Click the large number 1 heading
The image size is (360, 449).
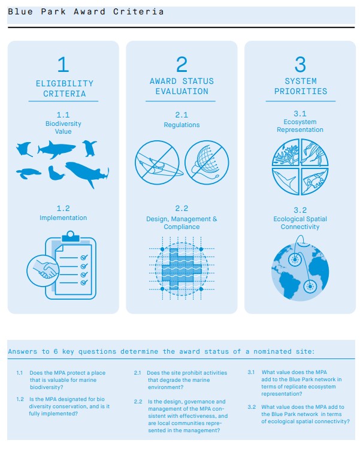[x=63, y=64]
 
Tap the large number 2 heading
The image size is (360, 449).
[x=181, y=64]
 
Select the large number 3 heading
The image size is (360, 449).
[x=300, y=64]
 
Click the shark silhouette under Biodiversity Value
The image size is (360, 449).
[x=57, y=149]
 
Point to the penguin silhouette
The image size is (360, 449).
[x=90, y=148]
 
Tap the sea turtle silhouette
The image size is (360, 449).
[x=28, y=173]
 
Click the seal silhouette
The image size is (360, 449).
[x=56, y=173]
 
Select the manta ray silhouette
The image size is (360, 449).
[x=25, y=149]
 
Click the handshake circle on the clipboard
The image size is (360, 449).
[x=43, y=270]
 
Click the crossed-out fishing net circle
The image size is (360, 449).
[x=207, y=162]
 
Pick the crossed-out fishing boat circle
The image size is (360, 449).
[x=157, y=162]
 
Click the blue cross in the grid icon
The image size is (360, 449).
[x=181, y=269]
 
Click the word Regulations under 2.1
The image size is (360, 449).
[x=181, y=125]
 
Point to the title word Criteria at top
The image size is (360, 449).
[x=138, y=12]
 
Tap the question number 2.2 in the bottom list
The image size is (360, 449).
[x=138, y=402]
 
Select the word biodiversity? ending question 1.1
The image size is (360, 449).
[x=46, y=387]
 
